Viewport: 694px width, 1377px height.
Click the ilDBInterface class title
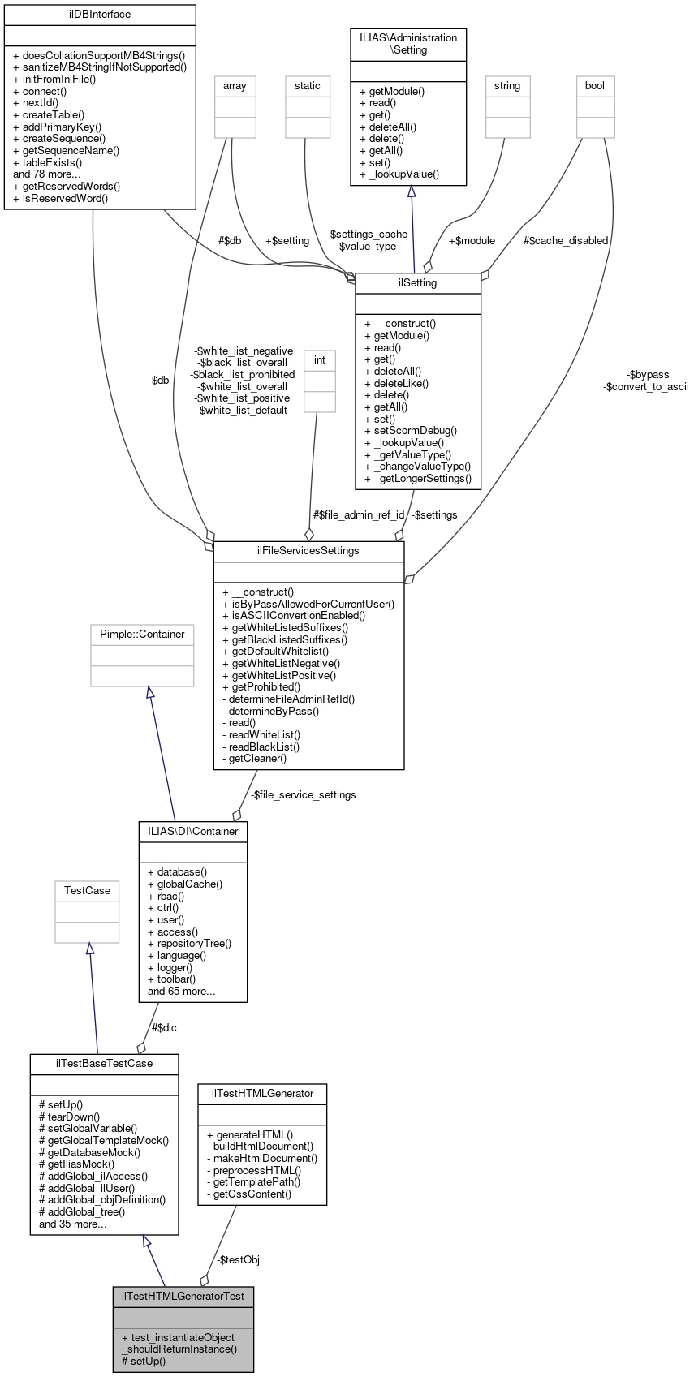(x=100, y=15)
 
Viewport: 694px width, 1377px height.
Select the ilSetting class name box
(x=418, y=283)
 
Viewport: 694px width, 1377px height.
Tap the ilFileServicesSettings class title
(x=308, y=551)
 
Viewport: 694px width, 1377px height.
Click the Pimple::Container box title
(x=142, y=635)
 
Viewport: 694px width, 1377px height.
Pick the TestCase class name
(x=87, y=891)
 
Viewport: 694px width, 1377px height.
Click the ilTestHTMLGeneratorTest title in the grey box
(x=183, y=1296)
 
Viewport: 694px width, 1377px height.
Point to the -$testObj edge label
(x=238, y=1259)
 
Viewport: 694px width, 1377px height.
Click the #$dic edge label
(x=164, y=1027)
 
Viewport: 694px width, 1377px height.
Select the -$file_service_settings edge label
(x=303, y=794)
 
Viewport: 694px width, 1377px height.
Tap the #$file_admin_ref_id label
(x=359, y=514)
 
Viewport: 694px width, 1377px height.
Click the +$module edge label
(x=472, y=240)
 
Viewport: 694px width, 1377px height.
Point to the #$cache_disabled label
(x=566, y=240)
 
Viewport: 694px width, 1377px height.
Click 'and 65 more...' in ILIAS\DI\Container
(x=182, y=991)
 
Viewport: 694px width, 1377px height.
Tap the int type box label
(x=320, y=360)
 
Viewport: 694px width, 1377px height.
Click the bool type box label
(x=595, y=86)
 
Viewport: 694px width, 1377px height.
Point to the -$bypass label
(x=649, y=375)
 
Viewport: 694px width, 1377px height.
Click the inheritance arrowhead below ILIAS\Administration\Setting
(x=412, y=191)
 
